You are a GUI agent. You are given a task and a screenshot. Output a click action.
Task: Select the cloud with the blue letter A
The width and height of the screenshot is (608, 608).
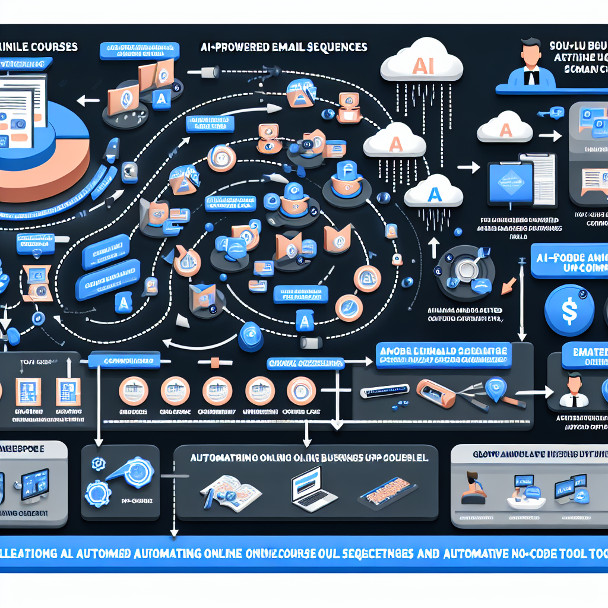click(433, 192)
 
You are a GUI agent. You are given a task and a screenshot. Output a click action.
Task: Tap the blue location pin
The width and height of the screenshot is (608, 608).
click(494, 388)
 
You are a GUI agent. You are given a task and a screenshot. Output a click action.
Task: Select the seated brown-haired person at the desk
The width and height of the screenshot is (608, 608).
click(473, 485)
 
